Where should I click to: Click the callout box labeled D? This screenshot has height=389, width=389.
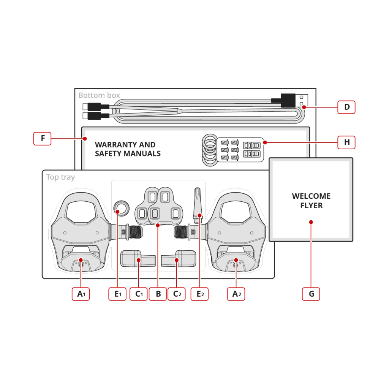point(346,107)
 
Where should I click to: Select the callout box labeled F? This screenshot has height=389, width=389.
point(43,138)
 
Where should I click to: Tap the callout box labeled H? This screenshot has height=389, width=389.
point(346,142)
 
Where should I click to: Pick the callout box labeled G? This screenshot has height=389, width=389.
point(311,294)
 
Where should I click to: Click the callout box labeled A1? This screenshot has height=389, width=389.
point(81,294)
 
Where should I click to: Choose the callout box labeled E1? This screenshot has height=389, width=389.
point(117,294)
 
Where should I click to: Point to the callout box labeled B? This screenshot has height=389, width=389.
point(158,294)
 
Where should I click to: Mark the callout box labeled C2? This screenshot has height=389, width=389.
point(177,294)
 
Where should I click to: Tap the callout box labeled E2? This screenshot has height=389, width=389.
point(199,294)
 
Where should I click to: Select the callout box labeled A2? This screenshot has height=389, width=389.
point(236,294)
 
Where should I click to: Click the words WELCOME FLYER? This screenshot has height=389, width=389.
point(312,201)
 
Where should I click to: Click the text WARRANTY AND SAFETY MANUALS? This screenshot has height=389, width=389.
point(128,149)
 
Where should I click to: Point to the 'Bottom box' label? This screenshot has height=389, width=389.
point(99,95)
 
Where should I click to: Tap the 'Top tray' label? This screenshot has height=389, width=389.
point(60,177)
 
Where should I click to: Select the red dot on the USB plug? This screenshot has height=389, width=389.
point(304,107)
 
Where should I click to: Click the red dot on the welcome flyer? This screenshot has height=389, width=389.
point(311,222)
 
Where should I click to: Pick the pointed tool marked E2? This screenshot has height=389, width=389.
point(198,206)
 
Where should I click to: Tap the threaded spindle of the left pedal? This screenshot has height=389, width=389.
point(136,232)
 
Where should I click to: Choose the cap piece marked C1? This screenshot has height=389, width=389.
point(138,258)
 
